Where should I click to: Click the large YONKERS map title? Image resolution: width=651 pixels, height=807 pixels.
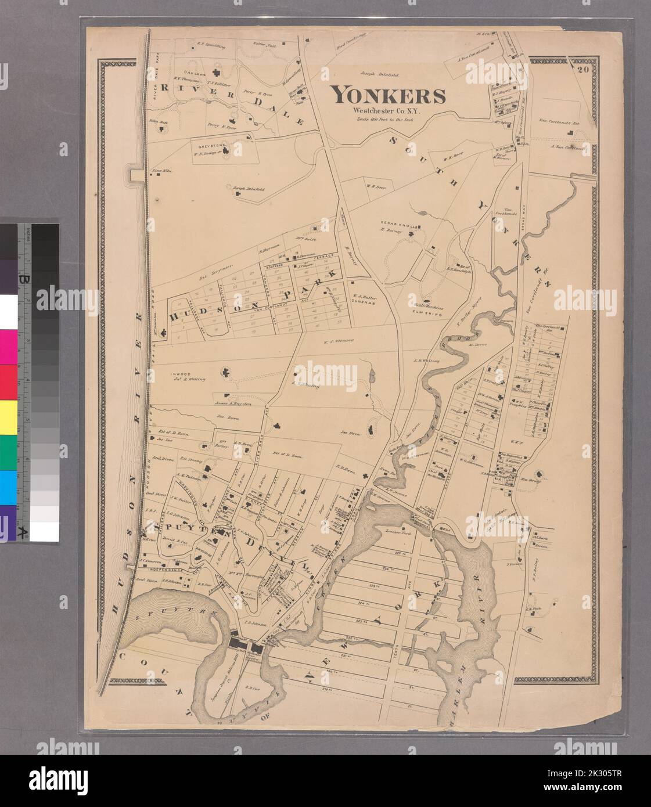tap(388, 95)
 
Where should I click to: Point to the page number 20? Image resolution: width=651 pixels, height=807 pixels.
tap(583, 71)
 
